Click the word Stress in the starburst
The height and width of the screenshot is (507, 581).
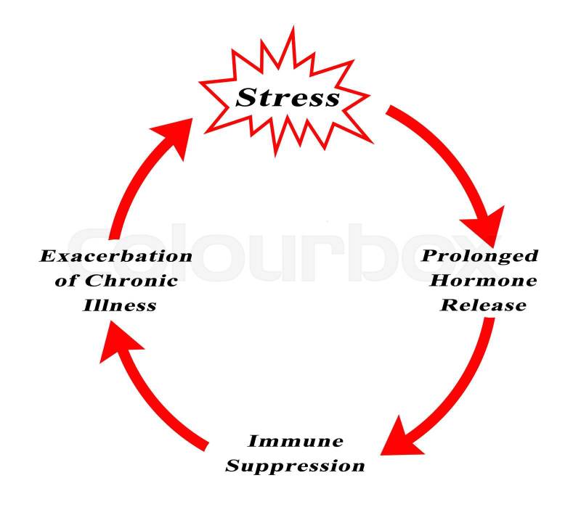click(288, 97)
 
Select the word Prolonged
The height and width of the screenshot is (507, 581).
click(480, 256)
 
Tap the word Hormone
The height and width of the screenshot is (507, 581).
click(480, 281)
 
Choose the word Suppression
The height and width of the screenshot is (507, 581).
click(294, 466)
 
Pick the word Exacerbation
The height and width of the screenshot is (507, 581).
click(115, 256)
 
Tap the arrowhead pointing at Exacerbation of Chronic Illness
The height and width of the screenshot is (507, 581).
click(117, 344)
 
